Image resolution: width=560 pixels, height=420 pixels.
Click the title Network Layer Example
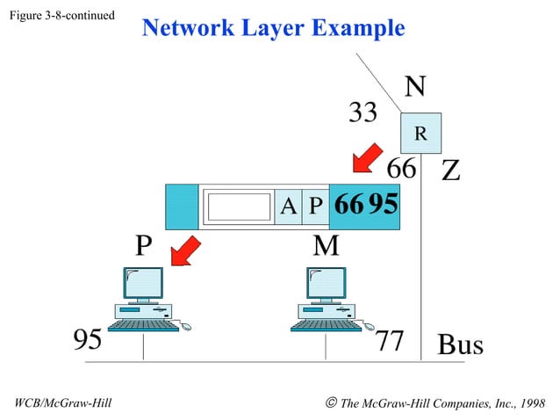click(273, 28)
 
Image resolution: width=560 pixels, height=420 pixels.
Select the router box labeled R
click(420, 134)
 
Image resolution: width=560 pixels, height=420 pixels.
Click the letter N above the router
click(415, 87)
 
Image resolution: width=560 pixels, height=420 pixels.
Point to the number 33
click(363, 112)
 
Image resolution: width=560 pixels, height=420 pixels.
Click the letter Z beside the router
click(450, 170)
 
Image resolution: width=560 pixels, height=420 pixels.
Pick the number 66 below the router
click(402, 167)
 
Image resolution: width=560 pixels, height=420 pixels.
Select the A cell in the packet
click(287, 206)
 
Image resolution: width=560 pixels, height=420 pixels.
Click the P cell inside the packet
click(315, 206)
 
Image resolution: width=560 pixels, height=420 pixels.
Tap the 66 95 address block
click(365, 206)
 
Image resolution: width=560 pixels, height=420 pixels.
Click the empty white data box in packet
click(238, 206)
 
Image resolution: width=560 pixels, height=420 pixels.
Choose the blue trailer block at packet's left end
click(182, 206)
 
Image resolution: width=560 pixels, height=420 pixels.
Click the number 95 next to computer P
click(87, 341)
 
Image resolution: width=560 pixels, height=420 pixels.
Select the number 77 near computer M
click(389, 341)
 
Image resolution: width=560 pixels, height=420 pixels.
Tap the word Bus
click(460, 344)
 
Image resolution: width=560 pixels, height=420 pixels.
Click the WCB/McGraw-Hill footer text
click(64, 403)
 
